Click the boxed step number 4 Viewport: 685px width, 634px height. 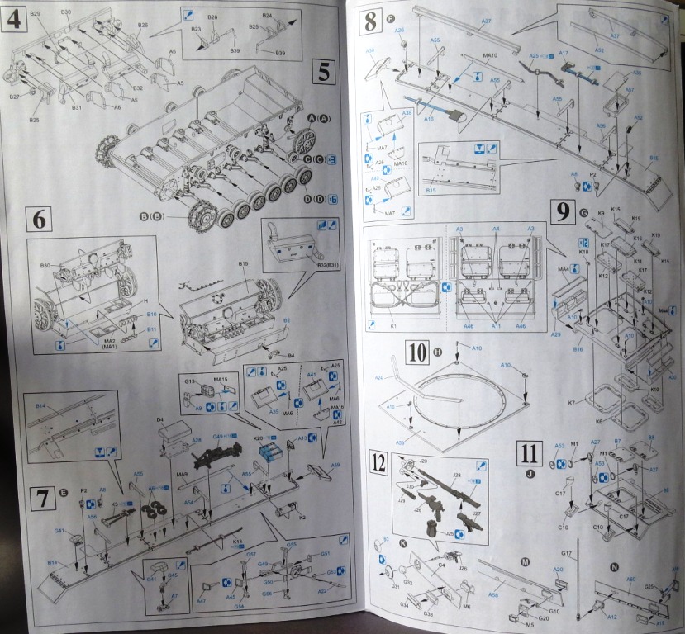pyautogui.click(x=12, y=19)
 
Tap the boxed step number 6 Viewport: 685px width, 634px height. pyautogui.click(x=39, y=219)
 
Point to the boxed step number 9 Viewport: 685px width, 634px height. pyautogui.click(x=561, y=213)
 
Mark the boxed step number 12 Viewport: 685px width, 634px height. pyautogui.click(x=378, y=463)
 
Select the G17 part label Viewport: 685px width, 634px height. pyautogui.click(x=567, y=551)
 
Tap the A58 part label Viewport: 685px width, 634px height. pyautogui.click(x=493, y=593)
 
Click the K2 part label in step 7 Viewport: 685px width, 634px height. pyautogui.click(x=302, y=518)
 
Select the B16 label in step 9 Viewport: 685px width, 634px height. pyautogui.click(x=578, y=350)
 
